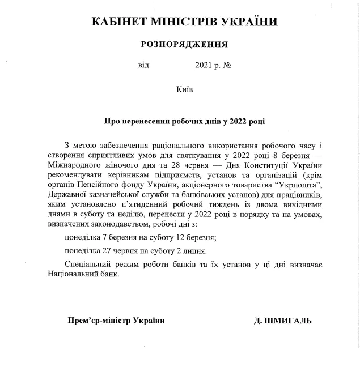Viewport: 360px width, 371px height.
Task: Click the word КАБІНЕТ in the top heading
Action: (117, 22)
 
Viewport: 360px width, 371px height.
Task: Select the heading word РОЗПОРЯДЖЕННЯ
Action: (184, 44)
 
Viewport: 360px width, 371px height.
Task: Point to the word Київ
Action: (185, 88)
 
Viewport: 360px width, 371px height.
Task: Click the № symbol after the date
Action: (227, 65)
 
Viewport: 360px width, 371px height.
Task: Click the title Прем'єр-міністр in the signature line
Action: (100, 320)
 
